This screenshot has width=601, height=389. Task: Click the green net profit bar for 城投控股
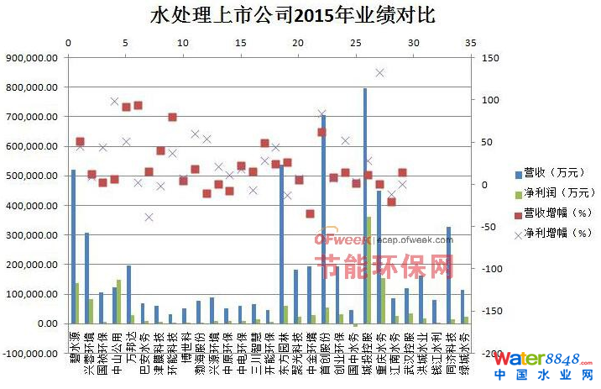pos(369,270)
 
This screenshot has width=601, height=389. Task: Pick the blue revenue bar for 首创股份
pos(323,218)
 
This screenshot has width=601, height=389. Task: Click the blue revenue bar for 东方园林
pos(281,244)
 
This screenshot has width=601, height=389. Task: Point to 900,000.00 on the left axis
pos(30,58)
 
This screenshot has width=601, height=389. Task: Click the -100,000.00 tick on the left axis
pos(29,353)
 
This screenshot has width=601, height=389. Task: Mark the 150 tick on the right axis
pos(490,58)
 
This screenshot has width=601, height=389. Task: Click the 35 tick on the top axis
pos(471,44)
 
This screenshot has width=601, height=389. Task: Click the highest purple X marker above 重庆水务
pos(379,73)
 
